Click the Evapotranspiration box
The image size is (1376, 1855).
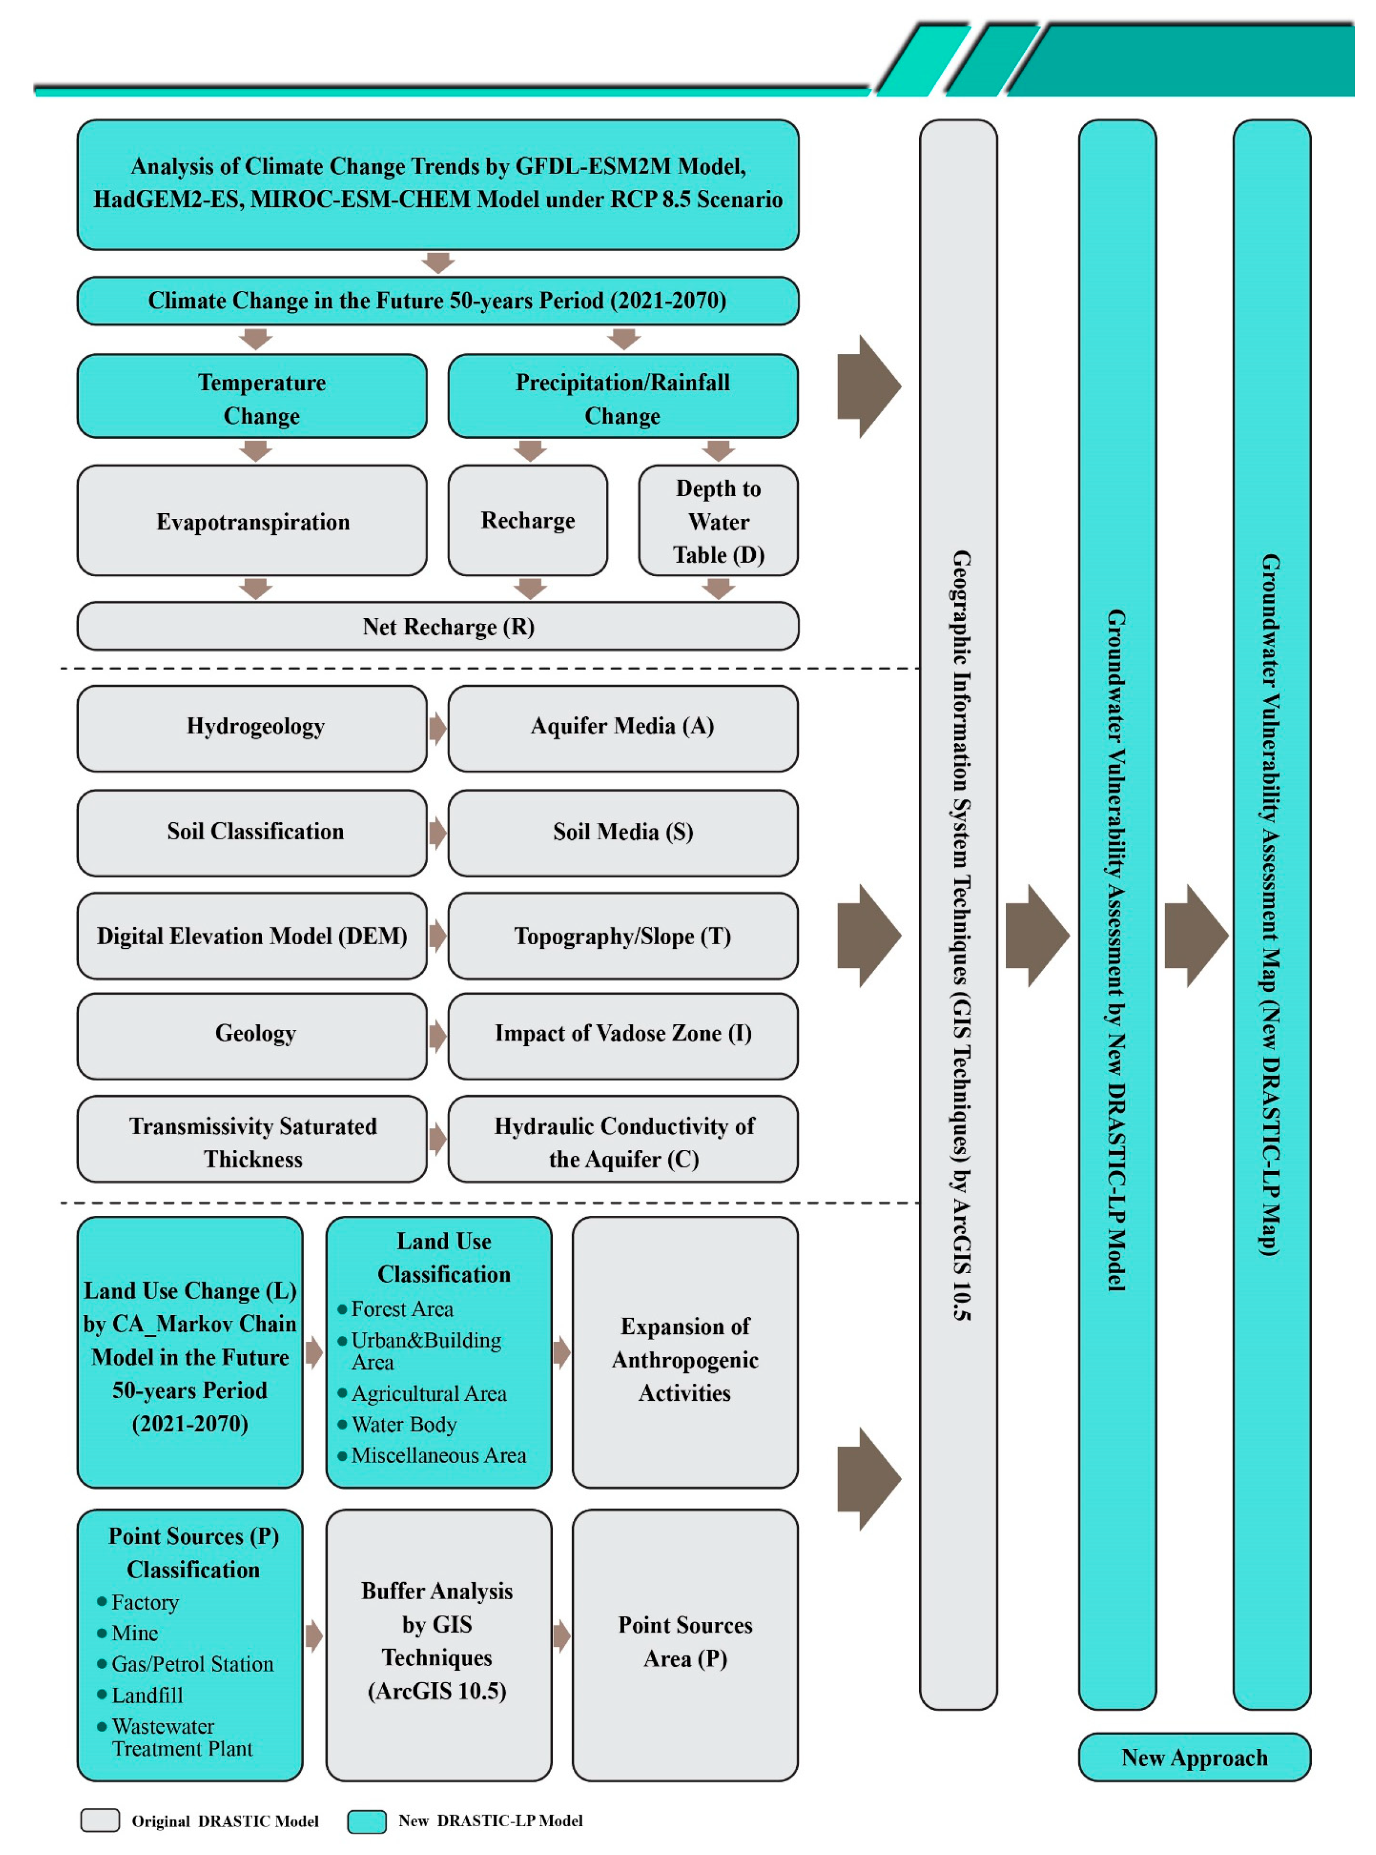(252, 521)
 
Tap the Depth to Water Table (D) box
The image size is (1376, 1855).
(717, 521)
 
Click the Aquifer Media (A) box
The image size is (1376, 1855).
(622, 727)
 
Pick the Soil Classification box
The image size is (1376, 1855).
(252, 831)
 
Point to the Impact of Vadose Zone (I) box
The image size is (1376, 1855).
(622, 1034)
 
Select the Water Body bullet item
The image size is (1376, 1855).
(403, 1425)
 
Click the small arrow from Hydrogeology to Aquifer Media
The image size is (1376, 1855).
(437, 728)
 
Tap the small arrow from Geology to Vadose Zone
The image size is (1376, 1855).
(437, 1036)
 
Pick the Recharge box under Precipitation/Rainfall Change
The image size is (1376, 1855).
(527, 521)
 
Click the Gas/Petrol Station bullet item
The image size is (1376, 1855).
(192, 1663)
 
